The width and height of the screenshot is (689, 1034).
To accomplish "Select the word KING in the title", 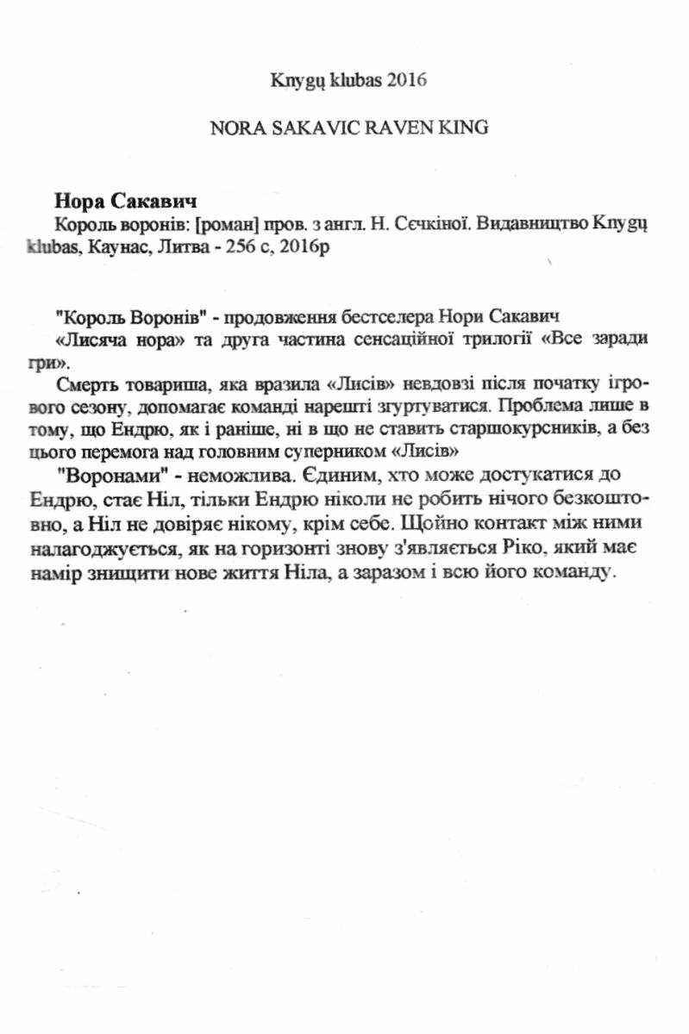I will tap(466, 127).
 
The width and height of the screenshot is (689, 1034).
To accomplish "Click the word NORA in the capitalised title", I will tap(235, 127).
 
